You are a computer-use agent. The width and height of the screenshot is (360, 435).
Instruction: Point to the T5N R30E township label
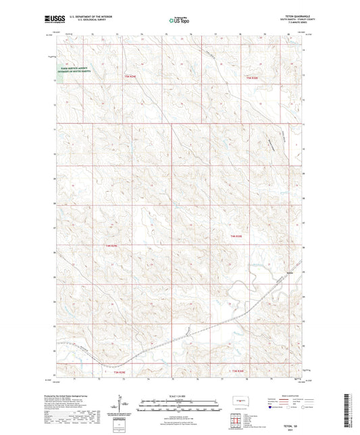[x=253, y=78]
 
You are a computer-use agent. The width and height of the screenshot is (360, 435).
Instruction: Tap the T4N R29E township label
[x=111, y=245]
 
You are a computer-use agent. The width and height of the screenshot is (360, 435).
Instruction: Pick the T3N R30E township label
[x=234, y=372]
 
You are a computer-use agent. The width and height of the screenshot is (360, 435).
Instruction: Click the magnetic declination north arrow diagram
[x=120, y=408]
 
